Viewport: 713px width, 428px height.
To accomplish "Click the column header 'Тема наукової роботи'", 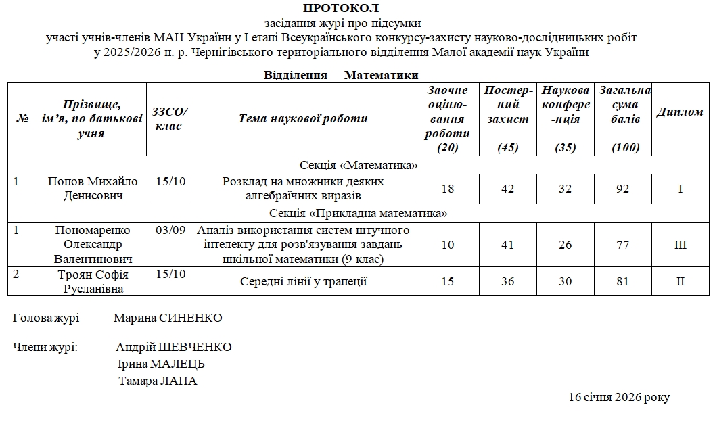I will (x=302, y=118).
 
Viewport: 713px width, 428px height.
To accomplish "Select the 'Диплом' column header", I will (x=680, y=112).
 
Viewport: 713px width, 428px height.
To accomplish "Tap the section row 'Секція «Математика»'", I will (x=359, y=165).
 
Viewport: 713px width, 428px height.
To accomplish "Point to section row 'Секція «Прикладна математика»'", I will (x=359, y=214).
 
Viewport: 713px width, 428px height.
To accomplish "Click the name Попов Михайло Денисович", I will (x=91, y=189).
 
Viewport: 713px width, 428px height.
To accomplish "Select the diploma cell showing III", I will (x=680, y=245).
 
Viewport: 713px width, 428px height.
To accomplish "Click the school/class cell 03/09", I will (x=168, y=230).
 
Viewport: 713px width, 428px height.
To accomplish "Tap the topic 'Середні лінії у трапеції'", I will (x=303, y=281).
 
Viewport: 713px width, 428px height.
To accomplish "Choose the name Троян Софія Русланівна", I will (x=91, y=281).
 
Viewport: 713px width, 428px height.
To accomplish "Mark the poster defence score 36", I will (x=508, y=281).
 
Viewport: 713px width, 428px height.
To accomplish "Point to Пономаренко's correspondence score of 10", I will (x=447, y=245).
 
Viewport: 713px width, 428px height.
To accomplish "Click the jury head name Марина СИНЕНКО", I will (x=168, y=318).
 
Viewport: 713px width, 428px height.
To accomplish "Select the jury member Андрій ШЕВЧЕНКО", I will (x=174, y=347).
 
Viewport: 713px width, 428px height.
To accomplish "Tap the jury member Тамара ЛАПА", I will (x=158, y=381).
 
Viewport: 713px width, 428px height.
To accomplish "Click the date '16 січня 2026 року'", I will (x=619, y=397).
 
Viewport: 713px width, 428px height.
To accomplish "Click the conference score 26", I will (x=566, y=245).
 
